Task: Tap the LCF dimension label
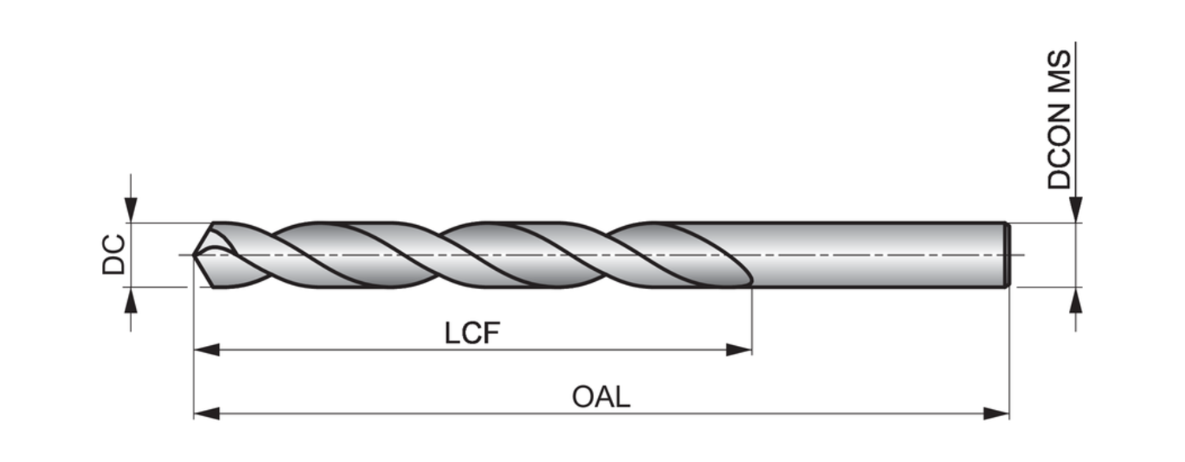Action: pos(472,333)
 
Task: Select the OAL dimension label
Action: pos(601,396)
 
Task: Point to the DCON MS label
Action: pos(1060,120)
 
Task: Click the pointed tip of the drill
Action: pos(195,254)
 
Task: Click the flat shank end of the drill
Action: pos(1007,254)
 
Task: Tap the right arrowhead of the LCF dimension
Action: pos(739,349)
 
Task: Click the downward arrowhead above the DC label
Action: pos(131,210)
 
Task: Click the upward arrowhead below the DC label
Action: pos(131,300)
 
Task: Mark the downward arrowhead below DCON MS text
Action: pos(1075,210)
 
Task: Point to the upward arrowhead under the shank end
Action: pos(1075,300)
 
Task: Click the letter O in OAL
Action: pos(584,396)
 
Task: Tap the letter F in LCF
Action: pos(492,333)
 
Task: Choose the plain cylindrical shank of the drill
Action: pos(877,254)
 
